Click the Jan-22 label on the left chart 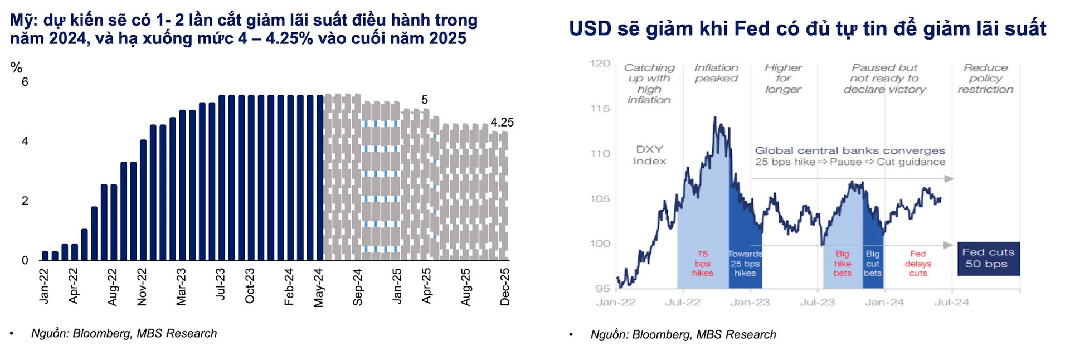coord(44,286)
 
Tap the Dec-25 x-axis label coord(505,286)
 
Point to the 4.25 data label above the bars coord(502,122)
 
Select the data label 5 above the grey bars coord(425,100)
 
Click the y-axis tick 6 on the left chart coord(25,82)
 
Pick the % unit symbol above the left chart coord(16,68)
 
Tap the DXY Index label coord(649,155)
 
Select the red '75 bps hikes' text coord(702,263)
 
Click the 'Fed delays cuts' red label coord(918,263)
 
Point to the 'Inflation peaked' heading coord(716,73)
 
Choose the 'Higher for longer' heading coord(783,78)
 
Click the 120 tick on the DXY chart coord(600,64)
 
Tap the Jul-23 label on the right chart coord(818,302)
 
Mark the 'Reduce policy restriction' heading coord(985,78)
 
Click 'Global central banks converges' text coord(850,150)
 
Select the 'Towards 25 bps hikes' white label coord(745,263)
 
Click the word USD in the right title coord(591,28)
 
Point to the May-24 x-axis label coord(319,287)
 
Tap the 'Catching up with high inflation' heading coord(649,84)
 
